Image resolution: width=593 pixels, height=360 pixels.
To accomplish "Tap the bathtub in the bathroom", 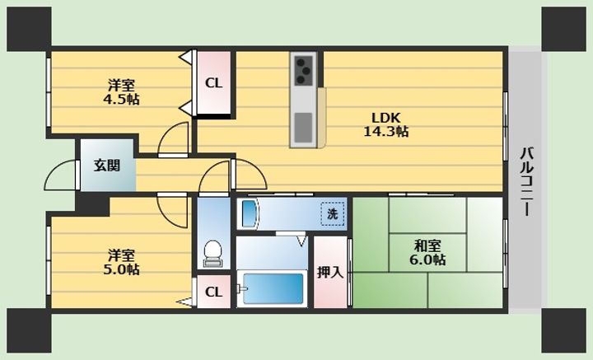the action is [273, 288].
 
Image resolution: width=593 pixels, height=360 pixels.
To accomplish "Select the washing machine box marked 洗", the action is [333, 214].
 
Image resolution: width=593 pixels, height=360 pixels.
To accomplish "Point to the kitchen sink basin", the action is [303, 128].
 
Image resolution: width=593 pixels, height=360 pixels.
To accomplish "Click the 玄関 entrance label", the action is [107, 166].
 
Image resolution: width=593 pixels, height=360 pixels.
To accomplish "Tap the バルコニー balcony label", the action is [526, 181].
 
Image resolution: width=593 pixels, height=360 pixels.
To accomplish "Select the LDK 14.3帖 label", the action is [385, 124].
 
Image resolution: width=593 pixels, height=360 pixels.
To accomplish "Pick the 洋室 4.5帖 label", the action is [121, 92].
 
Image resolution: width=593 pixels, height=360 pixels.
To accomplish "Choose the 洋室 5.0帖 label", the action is [121, 262].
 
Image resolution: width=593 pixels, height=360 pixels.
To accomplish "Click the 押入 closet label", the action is [330, 272].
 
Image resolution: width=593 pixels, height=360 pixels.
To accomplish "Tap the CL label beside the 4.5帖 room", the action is [213, 83].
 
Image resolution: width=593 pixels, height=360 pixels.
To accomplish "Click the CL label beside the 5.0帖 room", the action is [213, 292].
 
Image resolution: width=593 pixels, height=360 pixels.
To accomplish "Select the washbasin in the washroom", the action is [250, 213].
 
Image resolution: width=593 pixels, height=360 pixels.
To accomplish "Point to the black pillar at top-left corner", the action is [29, 29].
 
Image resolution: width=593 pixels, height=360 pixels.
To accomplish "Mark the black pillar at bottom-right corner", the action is [563, 330].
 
